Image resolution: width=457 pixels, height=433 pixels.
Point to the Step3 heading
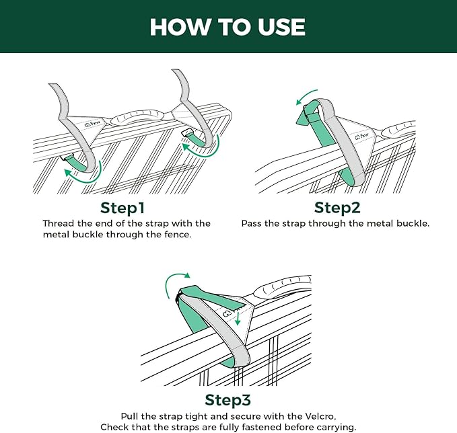227,401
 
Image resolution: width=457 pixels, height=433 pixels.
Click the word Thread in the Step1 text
59,223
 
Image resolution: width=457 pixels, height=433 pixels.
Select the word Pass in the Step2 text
252,223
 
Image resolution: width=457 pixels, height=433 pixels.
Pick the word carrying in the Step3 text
334,428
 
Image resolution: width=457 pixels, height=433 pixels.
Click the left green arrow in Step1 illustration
79,176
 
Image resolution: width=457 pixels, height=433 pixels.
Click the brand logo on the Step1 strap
94,124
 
